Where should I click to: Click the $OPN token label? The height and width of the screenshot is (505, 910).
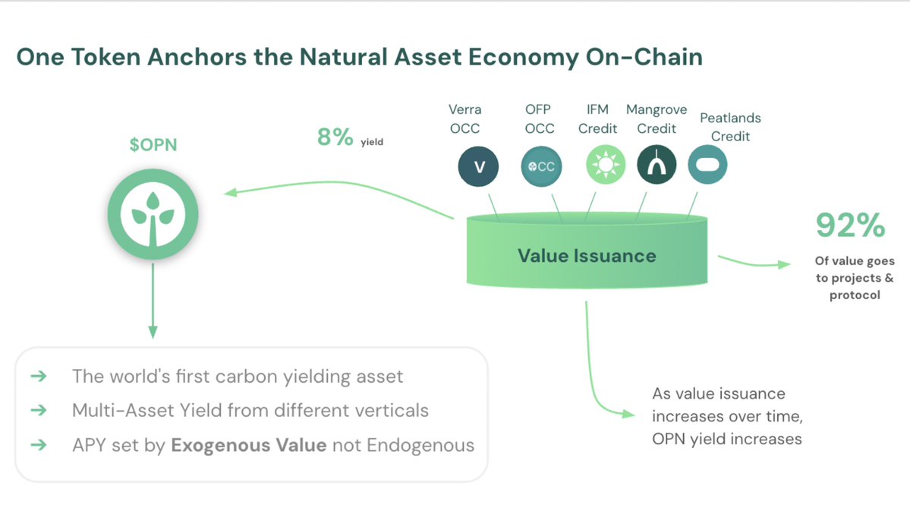154,144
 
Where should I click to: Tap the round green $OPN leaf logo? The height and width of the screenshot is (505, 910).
153,214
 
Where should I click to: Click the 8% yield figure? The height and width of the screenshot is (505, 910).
335,137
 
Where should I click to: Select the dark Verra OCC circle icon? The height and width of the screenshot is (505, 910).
479,166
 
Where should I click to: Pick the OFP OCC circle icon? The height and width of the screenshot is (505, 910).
541,166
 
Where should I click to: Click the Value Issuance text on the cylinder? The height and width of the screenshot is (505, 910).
587,255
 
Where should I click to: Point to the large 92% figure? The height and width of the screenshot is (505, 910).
850,226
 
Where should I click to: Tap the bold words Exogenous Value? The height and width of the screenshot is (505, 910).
249,445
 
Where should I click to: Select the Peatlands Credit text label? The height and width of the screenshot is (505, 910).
730,127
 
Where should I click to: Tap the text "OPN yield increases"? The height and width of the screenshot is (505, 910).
727,438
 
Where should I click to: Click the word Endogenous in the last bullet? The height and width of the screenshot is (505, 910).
420,445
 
